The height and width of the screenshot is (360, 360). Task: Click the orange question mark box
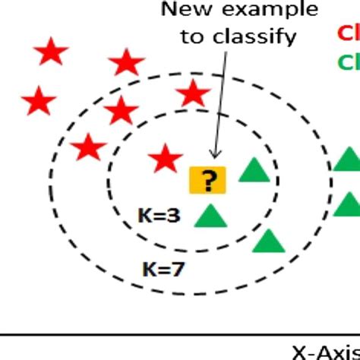coord(207,180)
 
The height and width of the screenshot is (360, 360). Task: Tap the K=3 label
coord(159,216)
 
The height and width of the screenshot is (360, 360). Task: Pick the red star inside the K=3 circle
coord(164,159)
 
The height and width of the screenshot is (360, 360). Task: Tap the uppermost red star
coord(52,52)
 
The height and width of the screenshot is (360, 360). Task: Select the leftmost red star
coord(39,100)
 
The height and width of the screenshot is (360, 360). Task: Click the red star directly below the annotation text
coord(192,95)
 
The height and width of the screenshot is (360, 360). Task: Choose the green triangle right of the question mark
coord(254,170)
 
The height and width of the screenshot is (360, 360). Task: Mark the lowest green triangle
coord(268,241)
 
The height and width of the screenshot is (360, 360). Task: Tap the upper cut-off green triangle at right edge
coord(349,159)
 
